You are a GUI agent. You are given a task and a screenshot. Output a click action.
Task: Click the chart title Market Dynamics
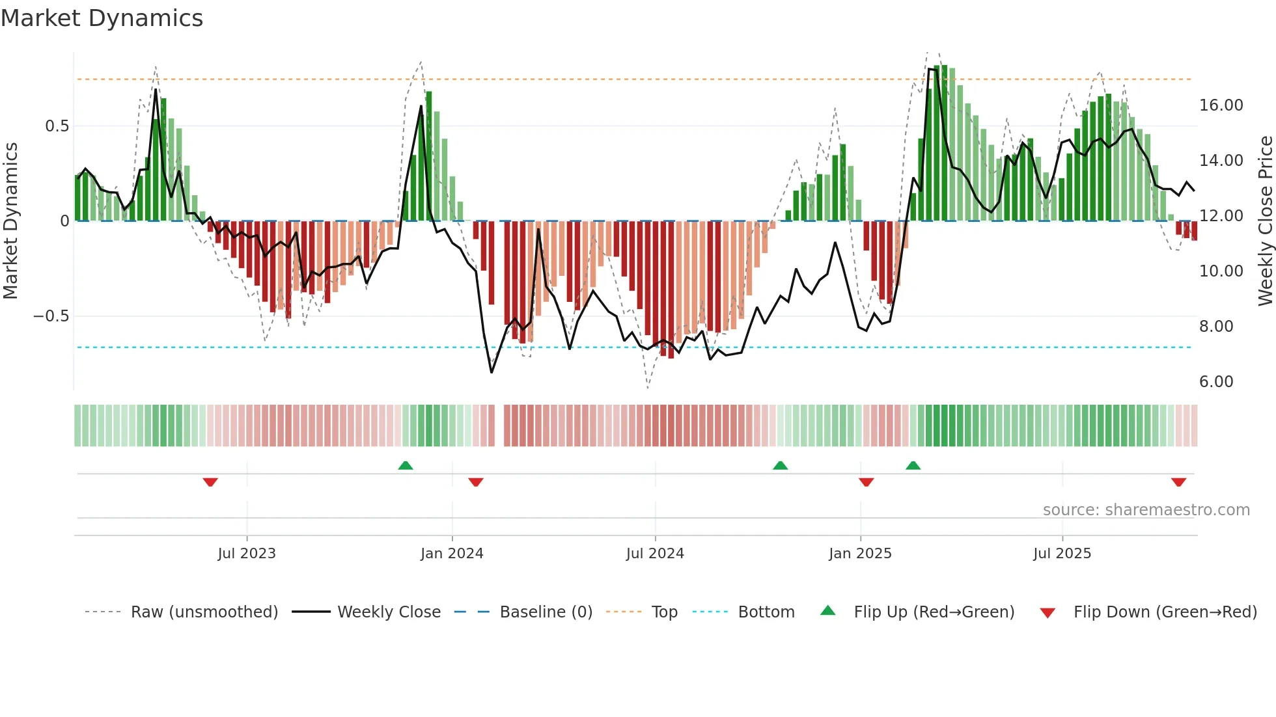102,18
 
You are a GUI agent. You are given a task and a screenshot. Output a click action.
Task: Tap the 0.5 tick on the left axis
57,126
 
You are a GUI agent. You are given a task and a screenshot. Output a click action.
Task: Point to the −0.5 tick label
51,316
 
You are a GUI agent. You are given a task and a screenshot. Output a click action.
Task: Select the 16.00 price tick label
1221,105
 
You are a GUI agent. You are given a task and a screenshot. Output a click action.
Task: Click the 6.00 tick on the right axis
1216,382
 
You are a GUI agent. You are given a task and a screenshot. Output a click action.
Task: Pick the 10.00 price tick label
1221,271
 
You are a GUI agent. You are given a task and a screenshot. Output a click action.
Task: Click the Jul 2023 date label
247,554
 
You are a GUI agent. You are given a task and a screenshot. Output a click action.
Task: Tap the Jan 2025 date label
860,554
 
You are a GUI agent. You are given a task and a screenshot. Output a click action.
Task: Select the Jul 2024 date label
655,554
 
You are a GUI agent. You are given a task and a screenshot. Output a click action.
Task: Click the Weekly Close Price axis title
1265,221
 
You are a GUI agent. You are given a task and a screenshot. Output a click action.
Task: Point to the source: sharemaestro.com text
1146,510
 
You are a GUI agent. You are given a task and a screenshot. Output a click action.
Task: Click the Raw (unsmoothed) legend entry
204,612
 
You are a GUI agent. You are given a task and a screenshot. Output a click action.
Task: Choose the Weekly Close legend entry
389,612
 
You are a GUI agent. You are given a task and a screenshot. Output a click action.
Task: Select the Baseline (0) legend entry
546,612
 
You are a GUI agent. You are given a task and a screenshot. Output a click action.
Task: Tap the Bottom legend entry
766,612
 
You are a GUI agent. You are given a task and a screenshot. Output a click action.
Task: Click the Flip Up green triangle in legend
827,611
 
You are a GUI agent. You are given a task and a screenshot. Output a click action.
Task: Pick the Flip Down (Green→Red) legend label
1165,612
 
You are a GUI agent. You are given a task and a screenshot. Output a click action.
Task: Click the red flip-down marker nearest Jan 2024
476,482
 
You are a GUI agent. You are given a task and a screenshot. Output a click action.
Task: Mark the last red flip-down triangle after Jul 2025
1178,482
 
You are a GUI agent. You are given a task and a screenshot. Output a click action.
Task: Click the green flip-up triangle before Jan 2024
406,465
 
